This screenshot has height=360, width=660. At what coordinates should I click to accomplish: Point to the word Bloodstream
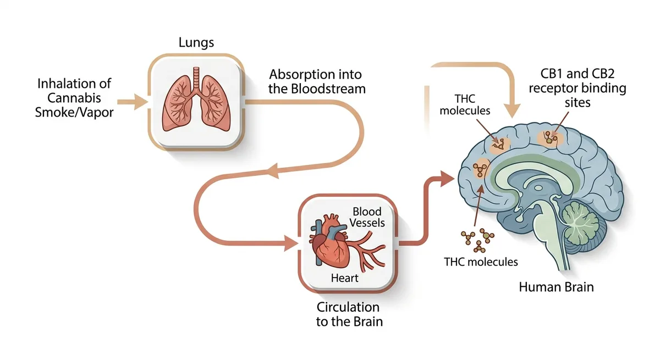pos(317,88)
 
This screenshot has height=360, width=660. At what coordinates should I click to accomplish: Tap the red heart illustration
pos(332,242)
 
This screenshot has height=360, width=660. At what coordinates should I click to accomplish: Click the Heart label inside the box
pos(344,278)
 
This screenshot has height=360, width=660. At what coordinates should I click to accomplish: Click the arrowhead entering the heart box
pos(290,242)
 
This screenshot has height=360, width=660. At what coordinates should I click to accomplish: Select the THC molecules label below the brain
pos(481,262)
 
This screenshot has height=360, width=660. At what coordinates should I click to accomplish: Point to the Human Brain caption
pos(557,287)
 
